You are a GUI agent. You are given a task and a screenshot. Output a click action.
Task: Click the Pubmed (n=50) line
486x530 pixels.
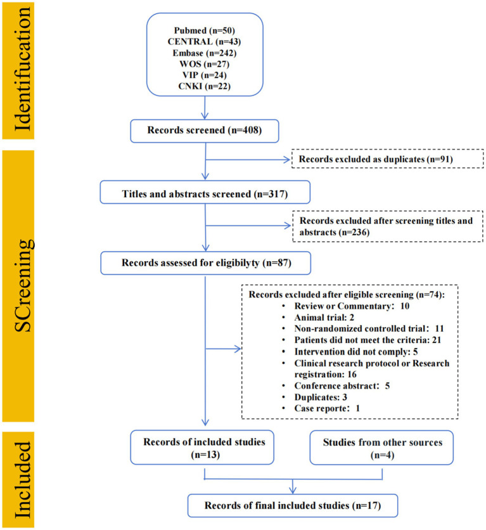click(204, 30)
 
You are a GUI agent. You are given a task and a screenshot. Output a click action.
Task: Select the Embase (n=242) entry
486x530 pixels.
click(204, 53)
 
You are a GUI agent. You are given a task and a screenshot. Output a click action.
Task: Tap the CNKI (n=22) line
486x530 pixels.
click(204, 86)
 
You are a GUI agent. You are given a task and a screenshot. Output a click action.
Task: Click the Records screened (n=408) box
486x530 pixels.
click(205, 131)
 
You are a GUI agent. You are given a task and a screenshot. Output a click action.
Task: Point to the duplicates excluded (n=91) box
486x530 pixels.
click(388, 159)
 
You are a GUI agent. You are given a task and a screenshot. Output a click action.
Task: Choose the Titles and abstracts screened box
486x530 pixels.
click(205, 192)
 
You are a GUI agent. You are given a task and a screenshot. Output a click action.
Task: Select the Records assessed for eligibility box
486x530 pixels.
click(206, 263)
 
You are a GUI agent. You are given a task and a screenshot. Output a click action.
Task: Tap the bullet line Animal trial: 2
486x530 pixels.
click(324, 318)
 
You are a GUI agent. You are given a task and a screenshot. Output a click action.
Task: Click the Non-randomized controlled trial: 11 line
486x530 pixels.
click(369, 328)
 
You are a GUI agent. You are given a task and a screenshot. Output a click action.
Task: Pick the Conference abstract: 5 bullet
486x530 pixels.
click(342, 385)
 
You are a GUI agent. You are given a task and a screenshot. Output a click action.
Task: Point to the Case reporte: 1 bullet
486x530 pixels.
click(326, 408)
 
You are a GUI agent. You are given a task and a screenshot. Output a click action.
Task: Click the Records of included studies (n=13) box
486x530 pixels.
click(202, 447)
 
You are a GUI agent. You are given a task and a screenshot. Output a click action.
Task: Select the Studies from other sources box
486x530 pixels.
click(381, 448)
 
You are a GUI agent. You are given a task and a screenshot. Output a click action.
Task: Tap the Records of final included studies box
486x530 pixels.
click(293, 506)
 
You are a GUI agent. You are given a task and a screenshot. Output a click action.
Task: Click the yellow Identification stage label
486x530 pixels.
click(18, 70)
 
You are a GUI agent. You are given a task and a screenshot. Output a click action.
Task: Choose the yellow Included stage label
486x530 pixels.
click(18, 479)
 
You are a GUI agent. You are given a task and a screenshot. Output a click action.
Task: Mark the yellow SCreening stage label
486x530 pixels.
click(18, 286)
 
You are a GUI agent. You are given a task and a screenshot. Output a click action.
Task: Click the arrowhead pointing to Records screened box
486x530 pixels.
click(205, 115)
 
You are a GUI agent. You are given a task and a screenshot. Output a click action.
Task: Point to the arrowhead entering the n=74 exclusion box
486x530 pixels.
click(238, 349)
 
